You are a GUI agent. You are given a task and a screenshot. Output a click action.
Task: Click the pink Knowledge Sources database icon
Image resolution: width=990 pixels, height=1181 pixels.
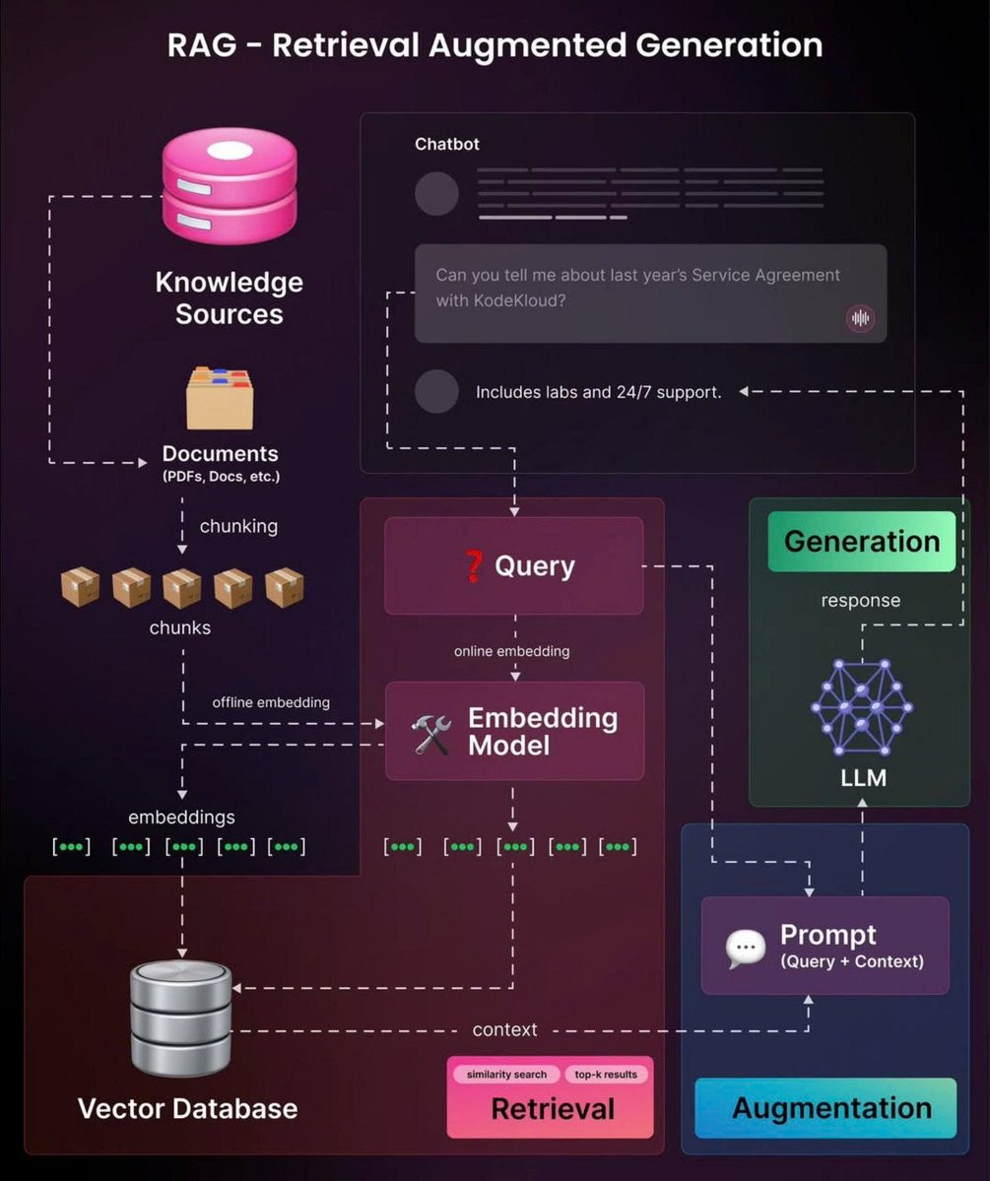(x=229, y=185)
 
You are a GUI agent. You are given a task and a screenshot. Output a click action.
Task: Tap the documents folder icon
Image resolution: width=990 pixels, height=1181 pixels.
(x=220, y=398)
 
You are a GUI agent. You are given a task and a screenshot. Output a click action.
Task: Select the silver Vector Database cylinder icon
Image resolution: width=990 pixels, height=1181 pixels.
(x=181, y=1018)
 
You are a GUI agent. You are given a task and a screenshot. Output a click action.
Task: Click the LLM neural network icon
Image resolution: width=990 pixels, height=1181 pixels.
(x=862, y=706)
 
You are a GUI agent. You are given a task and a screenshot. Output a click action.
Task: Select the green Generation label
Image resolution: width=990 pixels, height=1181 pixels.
(x=861, y=542)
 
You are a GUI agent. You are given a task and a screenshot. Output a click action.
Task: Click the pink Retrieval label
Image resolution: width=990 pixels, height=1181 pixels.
(x=552, y=1109)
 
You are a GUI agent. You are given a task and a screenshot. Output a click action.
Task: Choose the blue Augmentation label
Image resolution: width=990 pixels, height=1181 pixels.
(x=830, y=1108)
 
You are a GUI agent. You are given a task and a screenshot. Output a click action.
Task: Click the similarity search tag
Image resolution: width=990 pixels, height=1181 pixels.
(x=506, y=1074)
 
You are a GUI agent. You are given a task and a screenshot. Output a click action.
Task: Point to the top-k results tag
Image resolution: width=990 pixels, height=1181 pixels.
(x=606, y=1074)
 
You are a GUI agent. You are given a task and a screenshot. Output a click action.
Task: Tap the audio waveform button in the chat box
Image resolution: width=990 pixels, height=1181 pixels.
(x=861, y=318)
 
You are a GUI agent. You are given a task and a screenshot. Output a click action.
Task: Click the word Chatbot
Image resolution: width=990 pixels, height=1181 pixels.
(x=447, y=144)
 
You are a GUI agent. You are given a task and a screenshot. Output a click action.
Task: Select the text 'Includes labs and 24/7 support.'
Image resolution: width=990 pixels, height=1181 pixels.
(x=598, y=392)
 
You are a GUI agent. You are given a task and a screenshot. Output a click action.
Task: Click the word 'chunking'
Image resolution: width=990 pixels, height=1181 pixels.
(x=238, y=526)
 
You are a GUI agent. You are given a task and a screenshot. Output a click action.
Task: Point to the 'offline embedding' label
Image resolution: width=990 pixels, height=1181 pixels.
(x=271, y=702)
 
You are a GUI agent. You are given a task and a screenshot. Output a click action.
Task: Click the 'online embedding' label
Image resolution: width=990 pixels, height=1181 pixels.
(x=511, y=651)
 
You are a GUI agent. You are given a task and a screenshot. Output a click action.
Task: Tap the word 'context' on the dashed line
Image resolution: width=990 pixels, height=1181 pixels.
(x=505, y=1029)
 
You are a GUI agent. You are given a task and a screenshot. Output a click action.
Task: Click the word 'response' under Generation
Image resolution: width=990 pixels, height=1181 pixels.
(x=861, y=600)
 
